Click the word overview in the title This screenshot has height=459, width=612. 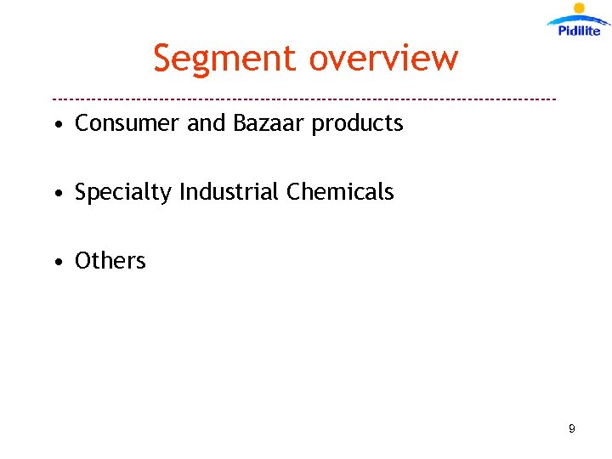pyautogui.click(x=383, y=59)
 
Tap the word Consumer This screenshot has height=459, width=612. pyautogui.click(x=127, y=123)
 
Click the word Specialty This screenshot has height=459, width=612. pyautogui.click(x=123, y=193)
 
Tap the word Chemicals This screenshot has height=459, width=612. pyautogui.click(x=340, y=192)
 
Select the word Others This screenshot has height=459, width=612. pyautogui.click(x=110, y=261)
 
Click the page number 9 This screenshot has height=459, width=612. pyautogui.click(x=572, y=429)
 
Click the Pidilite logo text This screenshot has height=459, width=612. pyautogui.click(x=580, y=31)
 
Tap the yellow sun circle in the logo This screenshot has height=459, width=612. pyautogui.click(x=580, y=8)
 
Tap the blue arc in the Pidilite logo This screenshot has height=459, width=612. pyautogui.click(x=578, y=19)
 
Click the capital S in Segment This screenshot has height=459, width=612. pyautogui.click(x=164, y=59)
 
